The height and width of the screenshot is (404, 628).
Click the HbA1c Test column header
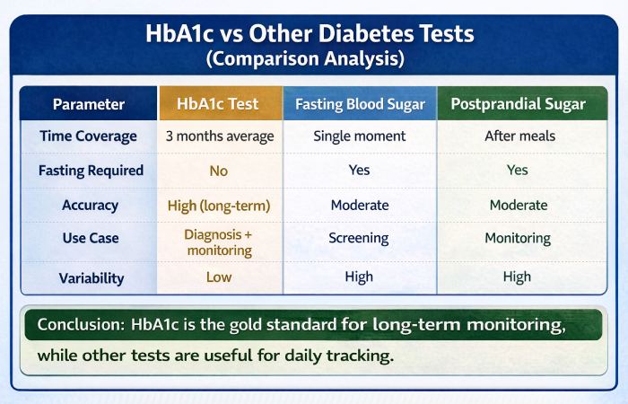pos(219,104)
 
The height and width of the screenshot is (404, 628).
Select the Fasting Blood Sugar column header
pos(360,104)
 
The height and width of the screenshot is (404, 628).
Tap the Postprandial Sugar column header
pos(518,104)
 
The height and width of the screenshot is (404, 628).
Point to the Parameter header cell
pos(89,104)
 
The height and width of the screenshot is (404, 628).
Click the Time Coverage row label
pos(89,136)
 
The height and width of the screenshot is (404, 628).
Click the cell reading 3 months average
pos(219,136)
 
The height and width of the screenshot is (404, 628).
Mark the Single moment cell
pos(360,136)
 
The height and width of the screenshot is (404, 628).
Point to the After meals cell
pos(518,136)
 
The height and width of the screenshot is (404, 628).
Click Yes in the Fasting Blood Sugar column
pos(360,171)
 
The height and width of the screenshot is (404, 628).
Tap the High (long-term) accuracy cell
pos(219,205)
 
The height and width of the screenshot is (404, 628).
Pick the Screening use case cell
pos(360,239)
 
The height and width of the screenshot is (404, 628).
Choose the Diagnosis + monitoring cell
pos(219,242)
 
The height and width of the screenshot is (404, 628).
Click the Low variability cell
pos(219,277)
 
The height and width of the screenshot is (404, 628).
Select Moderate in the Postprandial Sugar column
pos(518,205)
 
